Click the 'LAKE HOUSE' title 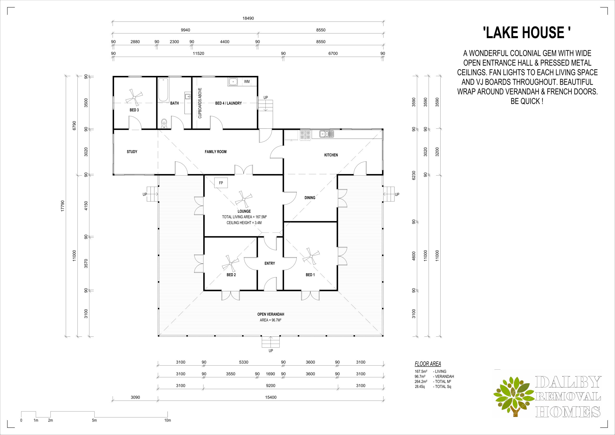(x=527, y=33)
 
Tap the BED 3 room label (x=134, y=110)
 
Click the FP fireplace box (x=221, y=183)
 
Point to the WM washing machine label (x=247, y=81)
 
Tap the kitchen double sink (x=326, y=133)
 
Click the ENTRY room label (x=270, y=263)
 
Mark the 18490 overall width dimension (x=248, y=19)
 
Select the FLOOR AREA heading (x=428, y=364)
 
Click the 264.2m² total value (x=421, y=381)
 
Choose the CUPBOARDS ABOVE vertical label (x=200, y=103)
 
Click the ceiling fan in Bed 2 (x=230, y=263)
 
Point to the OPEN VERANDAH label (x=271, y=314)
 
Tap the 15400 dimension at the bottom (x=271, y=397)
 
